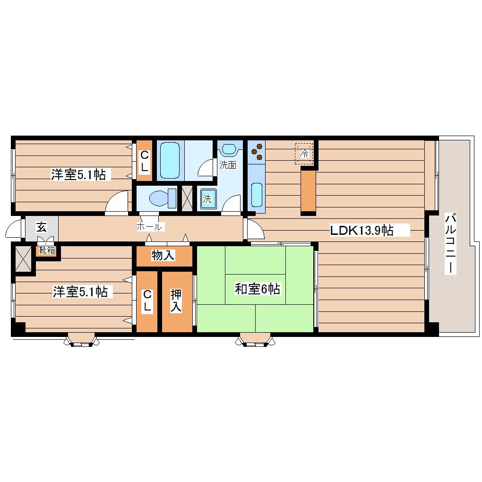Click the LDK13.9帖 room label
tap(361, 230)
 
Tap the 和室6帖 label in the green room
tap(257, 289)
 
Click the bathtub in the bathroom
tap(170, 160)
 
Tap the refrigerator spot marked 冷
tap(304, 153)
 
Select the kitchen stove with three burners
tap(257, 152)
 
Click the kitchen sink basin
tap(257, 195)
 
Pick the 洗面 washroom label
tap(228, 165)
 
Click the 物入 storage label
tap(163, 255)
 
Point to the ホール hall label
tap(149, 227)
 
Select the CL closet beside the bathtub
tap(145, 161)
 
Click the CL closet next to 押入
tap(147, 301)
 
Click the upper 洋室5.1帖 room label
tap(78, 174)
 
